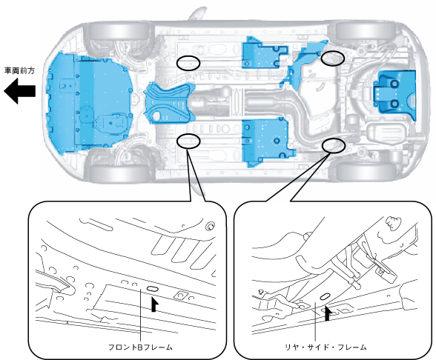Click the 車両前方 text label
[19, 70]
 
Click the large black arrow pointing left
[19, 91]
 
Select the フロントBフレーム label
[140, 347]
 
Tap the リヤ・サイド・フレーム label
[326, 347]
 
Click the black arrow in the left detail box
[154, 304]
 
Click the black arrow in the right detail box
[328, 313]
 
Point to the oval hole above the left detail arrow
[153, 289]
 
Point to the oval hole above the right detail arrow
[326, 296]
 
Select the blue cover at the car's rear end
[395, 95]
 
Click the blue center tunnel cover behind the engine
[169, 104]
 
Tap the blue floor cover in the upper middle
[264, 54]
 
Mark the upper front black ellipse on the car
[188, 63]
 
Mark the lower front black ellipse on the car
[188, 141]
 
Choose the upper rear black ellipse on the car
[333, 59]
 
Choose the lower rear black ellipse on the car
[334, 145]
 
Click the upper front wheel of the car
[119, 31]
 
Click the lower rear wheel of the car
[366, 172]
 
